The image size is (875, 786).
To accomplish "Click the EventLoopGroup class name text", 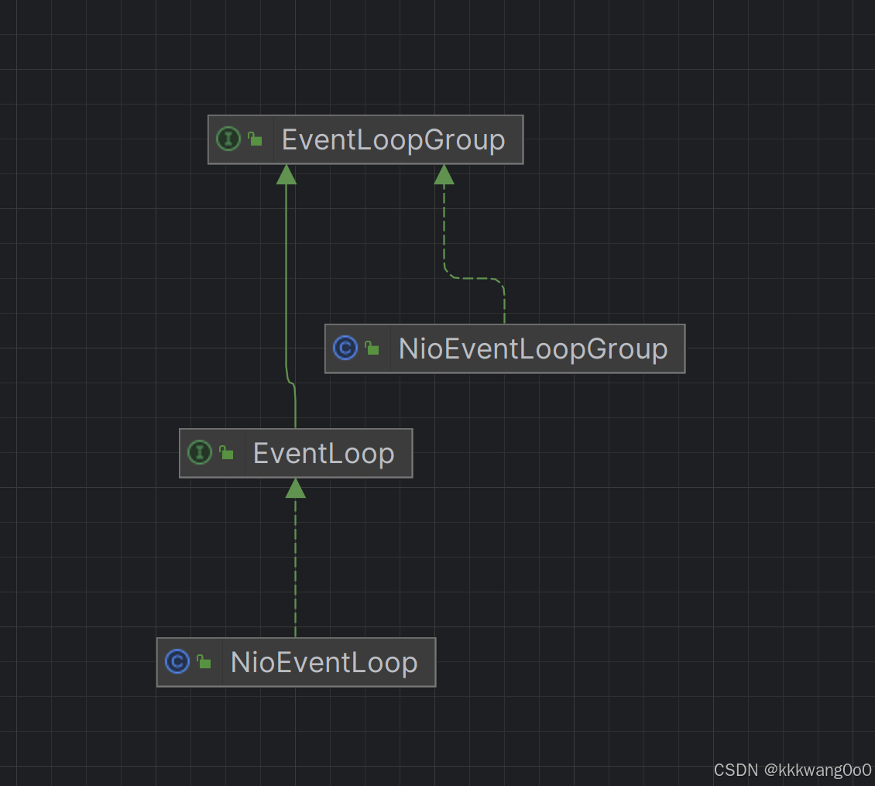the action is tap(393, 140).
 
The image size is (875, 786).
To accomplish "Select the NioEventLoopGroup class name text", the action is tap(533, 349).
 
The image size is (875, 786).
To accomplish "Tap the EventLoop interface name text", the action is tap(324, 454).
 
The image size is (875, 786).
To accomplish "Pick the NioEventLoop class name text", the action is tap(324, 663).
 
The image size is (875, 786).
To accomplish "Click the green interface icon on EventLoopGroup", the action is tap(228, 139).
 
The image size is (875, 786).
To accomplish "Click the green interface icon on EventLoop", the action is tap(200, 453).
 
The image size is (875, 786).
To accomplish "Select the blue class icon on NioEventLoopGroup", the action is tap(345, 348).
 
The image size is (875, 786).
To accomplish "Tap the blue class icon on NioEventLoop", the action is tap(177, 662).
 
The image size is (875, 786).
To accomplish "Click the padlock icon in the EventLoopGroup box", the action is tap(254, 139).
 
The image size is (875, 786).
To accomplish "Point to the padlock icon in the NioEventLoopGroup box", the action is tap(372, 348).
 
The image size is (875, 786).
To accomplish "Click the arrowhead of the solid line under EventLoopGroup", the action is tap(287, 175).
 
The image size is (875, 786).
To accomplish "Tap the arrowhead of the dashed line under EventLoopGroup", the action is tap(444, 175).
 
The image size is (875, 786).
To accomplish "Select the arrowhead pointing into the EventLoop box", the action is tap(295, 489).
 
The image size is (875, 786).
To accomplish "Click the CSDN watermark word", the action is tap(736, 771).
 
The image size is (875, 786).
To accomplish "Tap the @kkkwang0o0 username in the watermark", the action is tap(818, 771).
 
